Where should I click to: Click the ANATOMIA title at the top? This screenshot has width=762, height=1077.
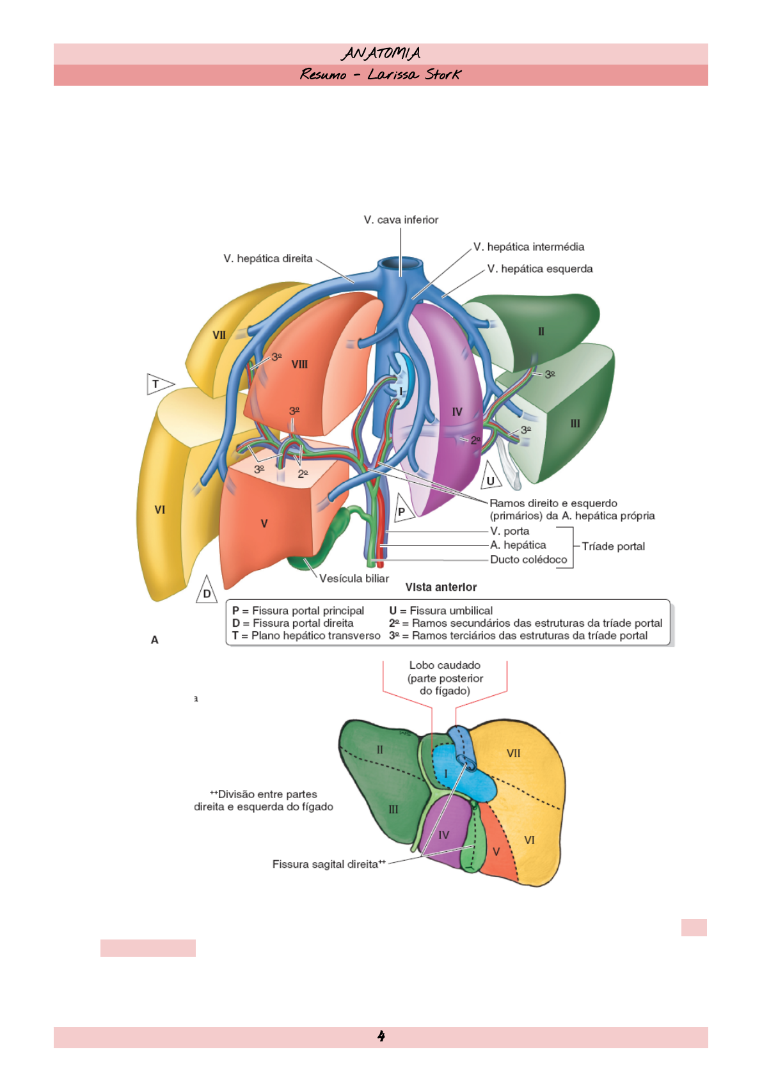381,53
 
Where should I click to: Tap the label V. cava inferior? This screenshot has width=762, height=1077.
401,220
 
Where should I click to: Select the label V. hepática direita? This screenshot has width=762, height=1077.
268,259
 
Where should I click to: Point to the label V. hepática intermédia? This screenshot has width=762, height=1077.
528,247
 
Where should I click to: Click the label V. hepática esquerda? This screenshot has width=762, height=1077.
540,269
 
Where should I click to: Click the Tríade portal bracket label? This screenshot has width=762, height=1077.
613,547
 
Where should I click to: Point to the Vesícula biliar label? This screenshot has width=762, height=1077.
354,579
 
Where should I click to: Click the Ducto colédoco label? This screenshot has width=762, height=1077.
528,560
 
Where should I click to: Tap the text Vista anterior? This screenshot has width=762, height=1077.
441,587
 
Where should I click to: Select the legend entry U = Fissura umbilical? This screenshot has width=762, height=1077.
441,611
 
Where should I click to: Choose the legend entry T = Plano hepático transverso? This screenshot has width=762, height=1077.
306,636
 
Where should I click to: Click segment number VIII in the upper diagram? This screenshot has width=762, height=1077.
299,365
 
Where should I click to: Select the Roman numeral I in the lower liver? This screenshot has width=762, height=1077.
446,774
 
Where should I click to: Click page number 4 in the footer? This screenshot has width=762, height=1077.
381,1036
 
